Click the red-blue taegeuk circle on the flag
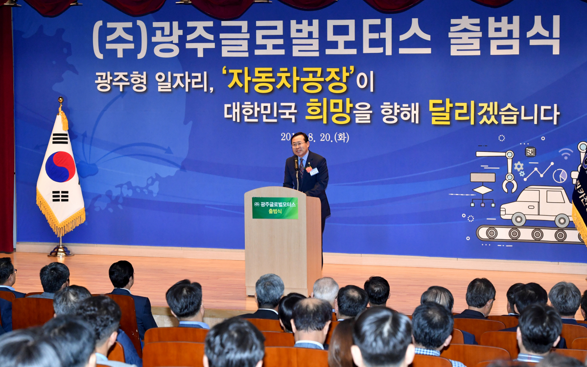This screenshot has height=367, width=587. pos(60,167)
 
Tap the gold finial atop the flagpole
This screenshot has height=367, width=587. pos(61,100)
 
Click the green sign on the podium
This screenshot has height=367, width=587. pos(275,208)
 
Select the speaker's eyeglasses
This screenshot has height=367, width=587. pos(299,144)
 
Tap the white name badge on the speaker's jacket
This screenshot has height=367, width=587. pos(314,171)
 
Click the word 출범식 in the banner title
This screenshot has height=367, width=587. pos(504,36)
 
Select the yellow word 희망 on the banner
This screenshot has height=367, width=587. pos(328,112)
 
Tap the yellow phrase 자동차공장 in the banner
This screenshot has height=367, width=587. pos(291,80)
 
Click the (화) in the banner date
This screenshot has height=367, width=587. pos(341,137)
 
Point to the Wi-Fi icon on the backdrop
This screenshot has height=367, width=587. pos(566,154)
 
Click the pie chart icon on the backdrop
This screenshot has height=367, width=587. pos(560,175)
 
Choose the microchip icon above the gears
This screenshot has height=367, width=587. pos(531,151)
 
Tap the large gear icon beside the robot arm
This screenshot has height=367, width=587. pos(518,166)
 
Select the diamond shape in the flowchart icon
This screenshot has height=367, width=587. pos(482,190)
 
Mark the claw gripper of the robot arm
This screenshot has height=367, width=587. pos(510,185)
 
